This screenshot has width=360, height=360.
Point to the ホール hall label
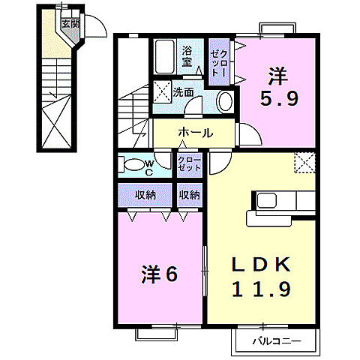[x=195, y=133]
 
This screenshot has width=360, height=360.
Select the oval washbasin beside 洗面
[x=224, y=101]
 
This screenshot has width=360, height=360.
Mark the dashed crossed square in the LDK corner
[x=304, y=163]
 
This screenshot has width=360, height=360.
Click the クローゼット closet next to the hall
[x=189, y=165]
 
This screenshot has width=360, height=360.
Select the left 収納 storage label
[x=145, y=195]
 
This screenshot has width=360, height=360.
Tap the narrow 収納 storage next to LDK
[x=189, y=195]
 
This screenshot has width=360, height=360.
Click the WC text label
[x=148, y=167]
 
